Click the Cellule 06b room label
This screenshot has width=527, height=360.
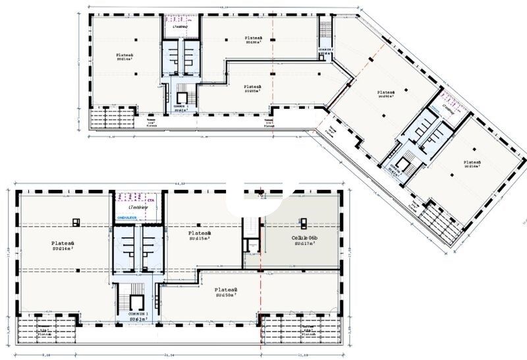[304, 241]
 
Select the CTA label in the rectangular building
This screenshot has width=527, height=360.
[150, 196]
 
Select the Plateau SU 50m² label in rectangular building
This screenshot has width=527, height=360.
[225, 293]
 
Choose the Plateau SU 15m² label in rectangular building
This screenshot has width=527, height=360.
[199, 237]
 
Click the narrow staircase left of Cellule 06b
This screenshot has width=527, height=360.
[250, 234]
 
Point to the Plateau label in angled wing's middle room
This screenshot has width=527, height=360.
[385, 94]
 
